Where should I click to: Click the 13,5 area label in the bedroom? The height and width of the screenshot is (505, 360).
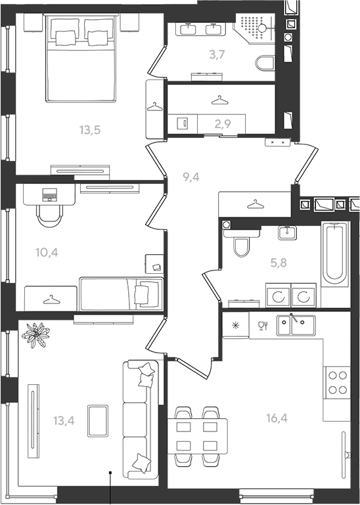tap(90, 130)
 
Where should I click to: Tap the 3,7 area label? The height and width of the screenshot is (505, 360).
tap(217, 55)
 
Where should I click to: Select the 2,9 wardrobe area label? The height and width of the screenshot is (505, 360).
tap(223, 123)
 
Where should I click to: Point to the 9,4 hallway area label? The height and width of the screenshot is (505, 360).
tap(191, 177)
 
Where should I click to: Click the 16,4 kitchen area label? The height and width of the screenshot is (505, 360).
tap(277, 418)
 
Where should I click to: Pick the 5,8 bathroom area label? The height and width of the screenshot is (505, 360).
tap(279, 263)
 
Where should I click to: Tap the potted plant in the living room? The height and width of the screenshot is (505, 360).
tap(35, 336)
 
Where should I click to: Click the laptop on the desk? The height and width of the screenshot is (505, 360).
tap(50, 194)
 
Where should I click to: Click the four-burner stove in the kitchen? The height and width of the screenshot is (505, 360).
tap(337, 383)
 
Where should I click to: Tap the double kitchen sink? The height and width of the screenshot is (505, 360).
tap(296, 325)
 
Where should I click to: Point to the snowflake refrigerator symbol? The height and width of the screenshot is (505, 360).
tap(236, 325)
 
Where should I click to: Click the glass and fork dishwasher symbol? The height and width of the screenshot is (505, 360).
tap(263, 326)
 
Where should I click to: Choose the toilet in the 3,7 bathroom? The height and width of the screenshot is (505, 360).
tap(265, 63)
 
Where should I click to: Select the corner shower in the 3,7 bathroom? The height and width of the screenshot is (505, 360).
tap(255, 28)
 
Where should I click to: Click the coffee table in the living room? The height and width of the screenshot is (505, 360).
tap(98, 421)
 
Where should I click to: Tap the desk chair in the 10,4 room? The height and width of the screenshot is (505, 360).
tap(50, 217)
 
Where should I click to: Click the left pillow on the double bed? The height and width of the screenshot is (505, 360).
tap(66, 37)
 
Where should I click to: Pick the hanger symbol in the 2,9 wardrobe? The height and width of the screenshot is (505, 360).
tap(219, 100)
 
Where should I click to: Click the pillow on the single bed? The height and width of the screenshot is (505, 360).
tap(143, 294)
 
